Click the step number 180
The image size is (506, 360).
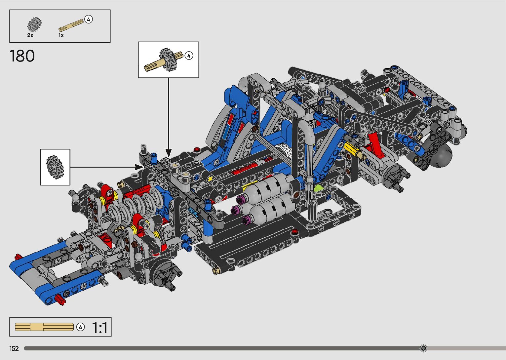click(22, 56)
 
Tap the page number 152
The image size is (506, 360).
click(14, 348)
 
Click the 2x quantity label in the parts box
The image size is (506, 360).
click(30, 35)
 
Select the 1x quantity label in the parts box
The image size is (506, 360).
click(61, 35)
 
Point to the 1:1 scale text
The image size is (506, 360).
click(99, 328)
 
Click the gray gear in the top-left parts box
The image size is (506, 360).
click(34, 24)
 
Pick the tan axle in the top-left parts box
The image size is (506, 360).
click(71, 25)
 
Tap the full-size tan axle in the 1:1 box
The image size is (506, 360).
click(44, 327)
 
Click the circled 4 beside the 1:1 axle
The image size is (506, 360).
click(80, 327)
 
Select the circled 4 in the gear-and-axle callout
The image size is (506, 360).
click(189, 56)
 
